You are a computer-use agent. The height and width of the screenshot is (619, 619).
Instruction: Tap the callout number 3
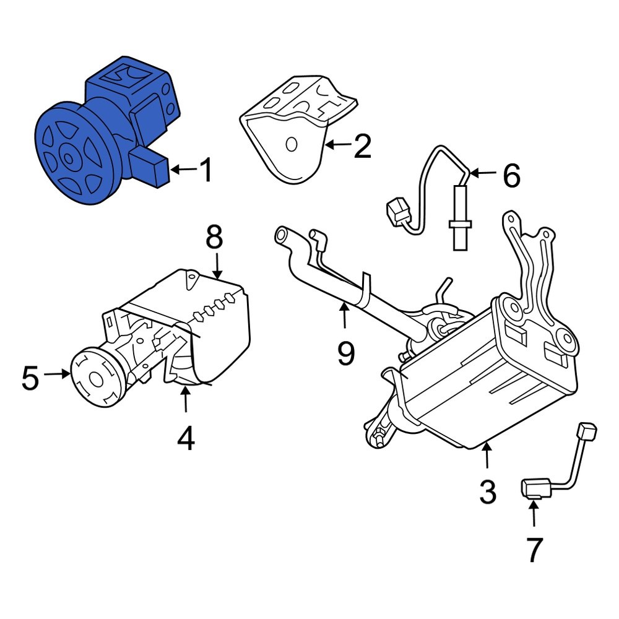(488, 491)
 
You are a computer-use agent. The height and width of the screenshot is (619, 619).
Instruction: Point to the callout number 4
(186, 438)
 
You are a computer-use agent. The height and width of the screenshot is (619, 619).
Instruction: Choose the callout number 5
(32, 378)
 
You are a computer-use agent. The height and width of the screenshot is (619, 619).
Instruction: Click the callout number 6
(511, 176)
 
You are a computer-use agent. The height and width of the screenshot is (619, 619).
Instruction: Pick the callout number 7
(533, 550)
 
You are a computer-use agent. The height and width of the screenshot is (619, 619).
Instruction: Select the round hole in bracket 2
(291, 145)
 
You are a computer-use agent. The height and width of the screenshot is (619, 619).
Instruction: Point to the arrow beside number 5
(58, 373)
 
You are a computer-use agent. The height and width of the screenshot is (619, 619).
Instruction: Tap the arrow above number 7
(533, 514)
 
